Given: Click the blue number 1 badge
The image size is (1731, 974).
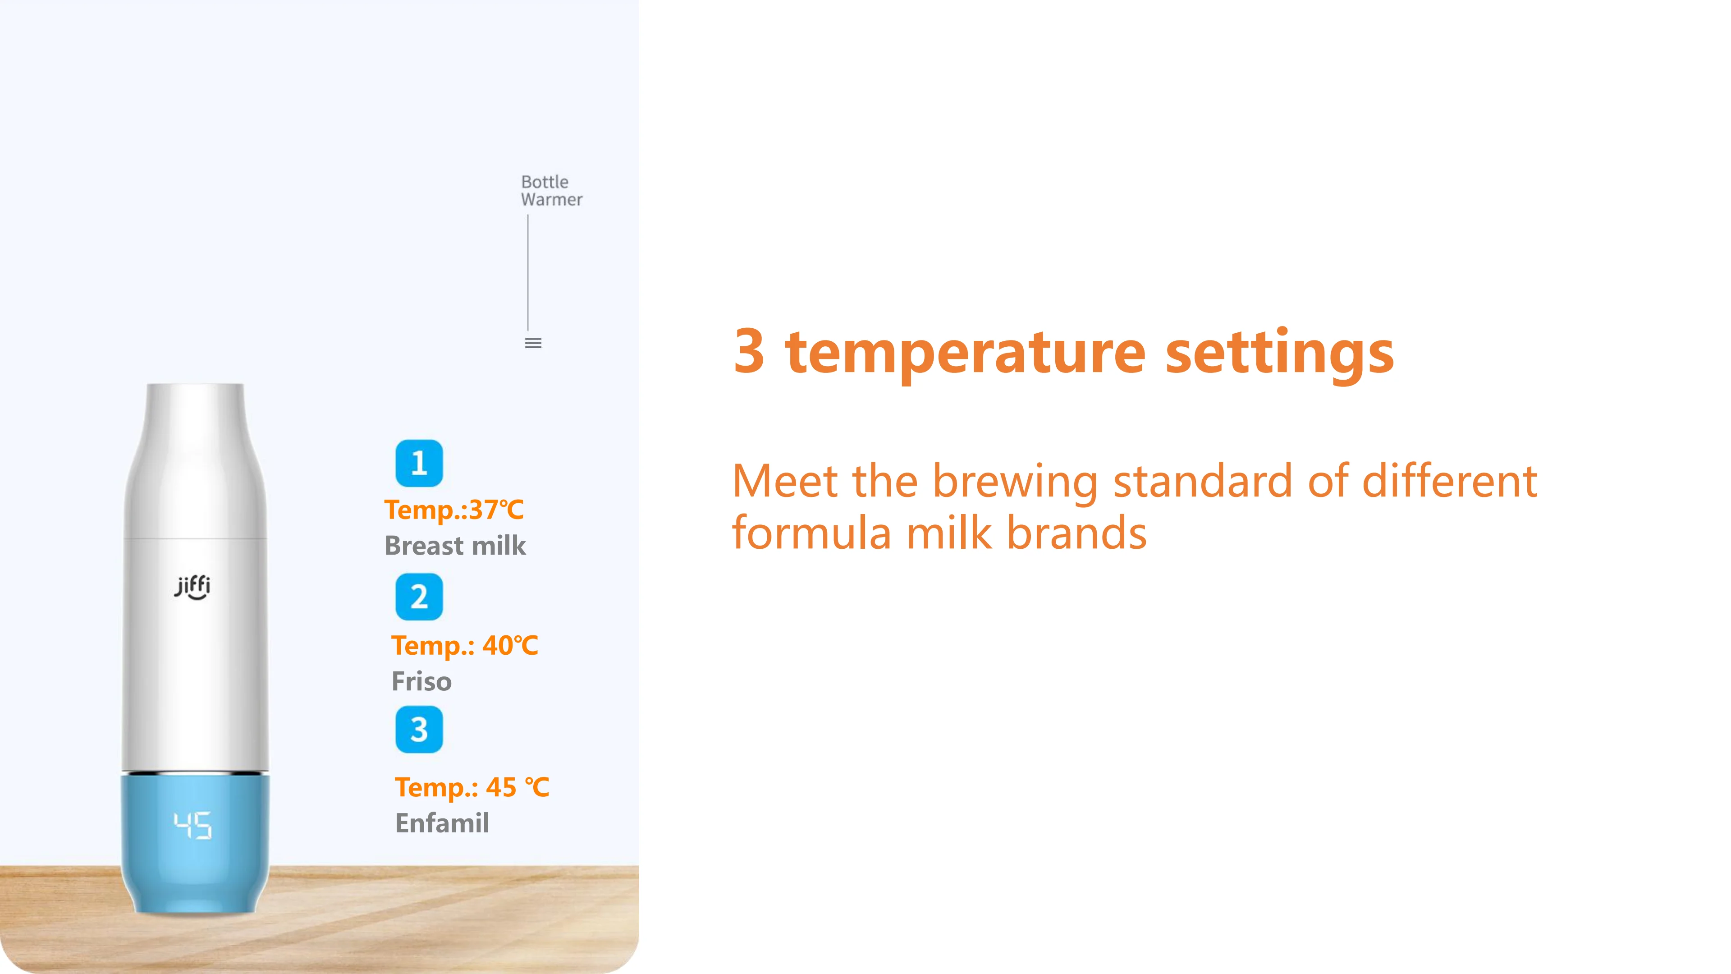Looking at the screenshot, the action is click(419, 463).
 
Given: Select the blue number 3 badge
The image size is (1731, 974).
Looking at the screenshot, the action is click(419, 729).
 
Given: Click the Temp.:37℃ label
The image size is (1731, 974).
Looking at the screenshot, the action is click(453, 510).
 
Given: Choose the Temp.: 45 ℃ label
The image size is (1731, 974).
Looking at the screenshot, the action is click(472, 788).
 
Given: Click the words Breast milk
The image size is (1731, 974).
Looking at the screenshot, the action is click(455, 546).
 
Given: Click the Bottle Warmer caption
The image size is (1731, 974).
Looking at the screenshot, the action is click(551, 191).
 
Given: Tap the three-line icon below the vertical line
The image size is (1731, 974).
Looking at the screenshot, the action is click(533, 343).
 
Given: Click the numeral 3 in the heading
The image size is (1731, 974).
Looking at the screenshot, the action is click(749, 350).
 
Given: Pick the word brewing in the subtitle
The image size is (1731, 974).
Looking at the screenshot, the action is click(1015, 482).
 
